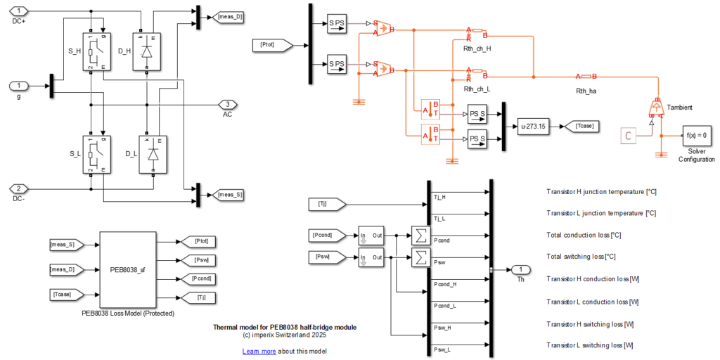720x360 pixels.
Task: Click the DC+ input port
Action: (x=19, y=11)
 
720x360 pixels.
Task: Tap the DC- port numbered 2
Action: (x=19, y=188)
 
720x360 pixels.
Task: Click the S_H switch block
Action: (x=96, y=51)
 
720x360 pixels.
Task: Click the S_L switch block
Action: (x=96, y=153)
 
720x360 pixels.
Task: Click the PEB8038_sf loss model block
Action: (x=127, y=269)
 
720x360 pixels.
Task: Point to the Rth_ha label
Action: (x=586, y=90)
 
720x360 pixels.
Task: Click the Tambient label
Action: (x=679, y=108)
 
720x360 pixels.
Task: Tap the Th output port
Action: (x=519, y=270)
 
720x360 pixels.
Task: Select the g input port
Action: (x=19, y=86)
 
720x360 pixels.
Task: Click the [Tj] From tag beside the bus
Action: (x=324, y=204)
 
